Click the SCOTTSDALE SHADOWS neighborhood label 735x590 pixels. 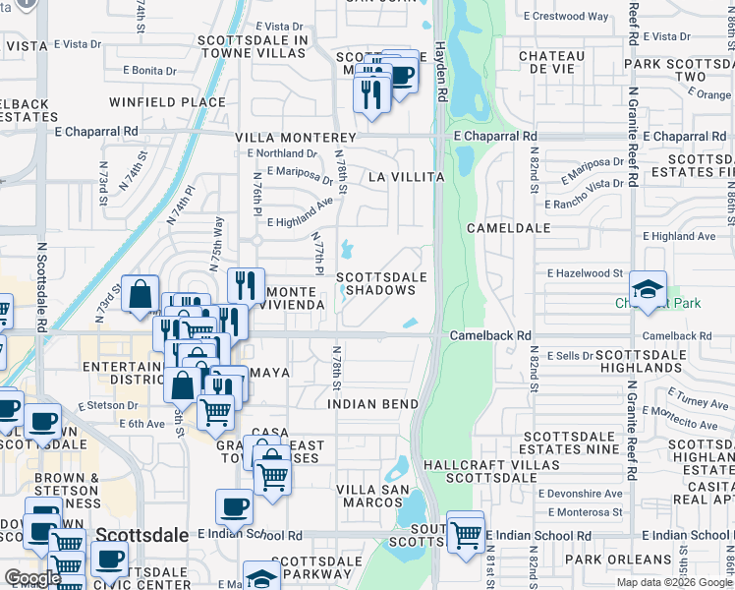click(x=382, y=284)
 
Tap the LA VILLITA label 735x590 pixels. click(x=406, y=177)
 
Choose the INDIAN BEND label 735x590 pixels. click(x=373, y=404)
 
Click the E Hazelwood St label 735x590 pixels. click(x=586, y=272)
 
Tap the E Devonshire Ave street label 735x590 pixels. click(x=586, y=493)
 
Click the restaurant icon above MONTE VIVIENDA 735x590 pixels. click(x=246, y=286)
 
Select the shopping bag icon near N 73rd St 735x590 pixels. click(x=141, y=294)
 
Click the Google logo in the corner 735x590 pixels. click(x=32, y=578)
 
